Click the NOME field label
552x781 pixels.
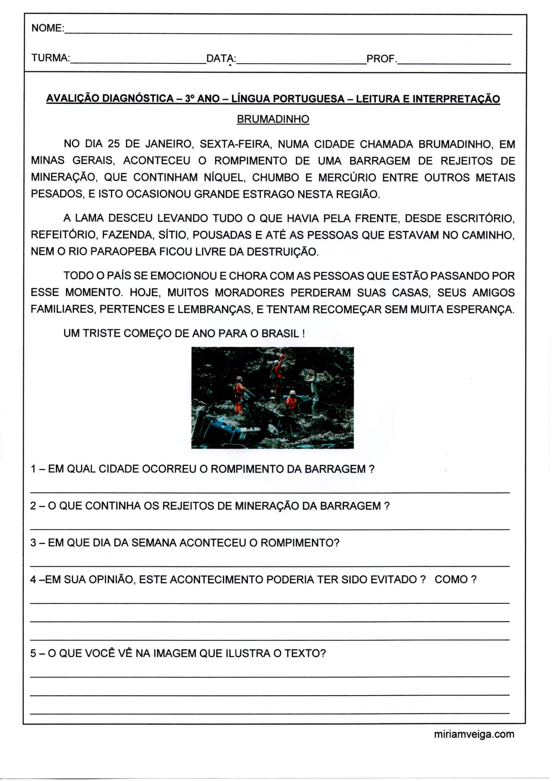click(47, 28)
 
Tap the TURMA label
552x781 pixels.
click(50, 58)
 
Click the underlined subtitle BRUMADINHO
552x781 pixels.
click(273, 119)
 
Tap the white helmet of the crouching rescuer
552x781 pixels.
click(292, 392)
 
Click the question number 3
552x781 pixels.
click(33, 542)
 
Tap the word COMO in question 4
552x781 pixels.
click(451, 579)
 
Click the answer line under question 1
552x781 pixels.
click(270, 492)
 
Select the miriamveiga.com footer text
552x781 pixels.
click(474, 734)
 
